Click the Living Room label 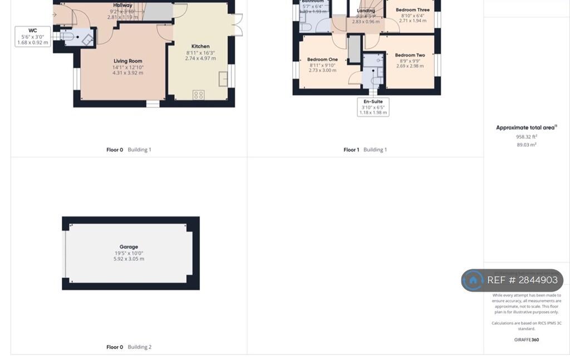pos(128,61)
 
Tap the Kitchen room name pos(200,46)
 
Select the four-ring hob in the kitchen pos(199,95)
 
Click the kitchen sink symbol pos(224,78)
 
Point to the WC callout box pos(33,36)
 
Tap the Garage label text pos(129,246)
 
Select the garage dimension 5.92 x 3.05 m pos(129,259)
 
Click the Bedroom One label pos(323,60)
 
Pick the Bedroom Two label pos(410,55)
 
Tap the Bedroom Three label pos(412,9)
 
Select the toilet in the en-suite pos(376,81)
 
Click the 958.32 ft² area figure pos(526,136)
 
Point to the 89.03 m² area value pos(526,145)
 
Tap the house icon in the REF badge pos(473,280)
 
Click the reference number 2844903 pos(538,280)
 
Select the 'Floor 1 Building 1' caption pos(365,150)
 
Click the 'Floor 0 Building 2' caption pos(129,347)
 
